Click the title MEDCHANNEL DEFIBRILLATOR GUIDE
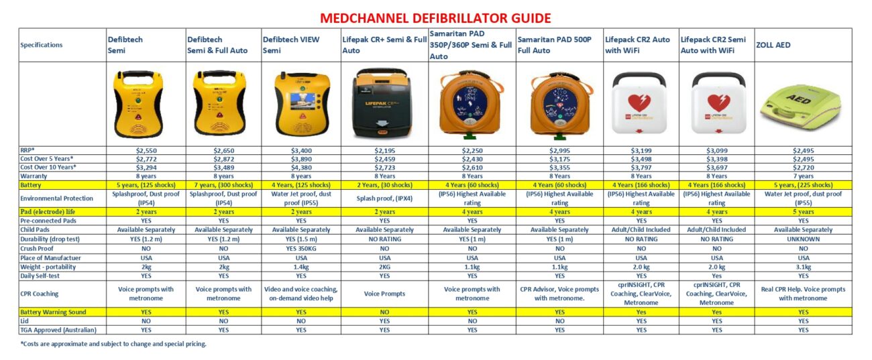[435, 17]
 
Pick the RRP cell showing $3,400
[301, 151]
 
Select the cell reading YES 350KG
[301, 248]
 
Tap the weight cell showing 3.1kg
[803, 266]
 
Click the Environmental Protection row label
[54, 198]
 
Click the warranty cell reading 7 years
[803, 176]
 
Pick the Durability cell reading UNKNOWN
[803, 239]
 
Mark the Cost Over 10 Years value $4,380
[301, 168]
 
